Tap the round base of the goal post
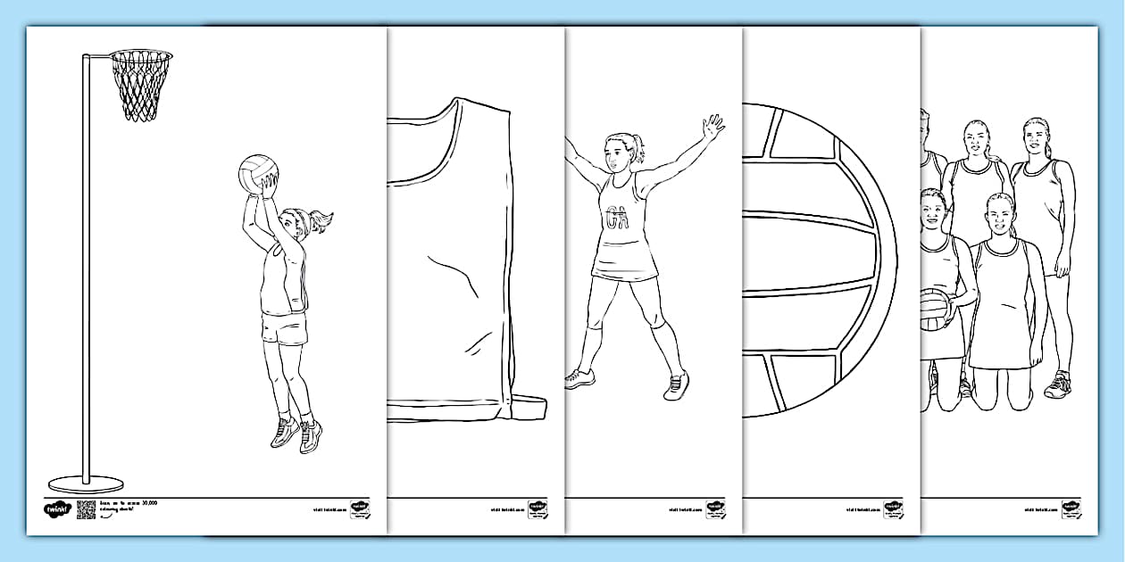(86, 484)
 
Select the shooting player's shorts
(284, 328)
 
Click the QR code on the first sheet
(86, 509)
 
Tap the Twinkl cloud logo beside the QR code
(56, 510)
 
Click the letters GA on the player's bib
(616, 217)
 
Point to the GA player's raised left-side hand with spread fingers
(712, 128)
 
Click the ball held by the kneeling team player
(936, 308)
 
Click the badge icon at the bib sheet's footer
(537, 508)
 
